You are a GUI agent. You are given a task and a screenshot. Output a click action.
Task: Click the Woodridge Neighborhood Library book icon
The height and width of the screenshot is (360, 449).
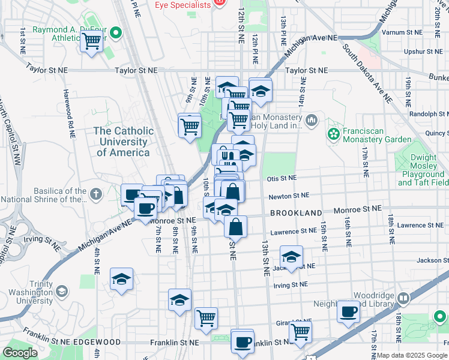[x=404, y=298]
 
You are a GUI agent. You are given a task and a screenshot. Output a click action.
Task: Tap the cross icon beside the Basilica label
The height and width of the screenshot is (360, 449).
[x=96, y=194]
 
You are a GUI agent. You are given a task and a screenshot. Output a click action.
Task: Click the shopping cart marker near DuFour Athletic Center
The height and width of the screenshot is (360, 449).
[x=92, y=41]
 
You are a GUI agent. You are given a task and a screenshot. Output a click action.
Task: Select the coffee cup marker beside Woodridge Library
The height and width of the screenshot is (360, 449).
[x=348, y=311]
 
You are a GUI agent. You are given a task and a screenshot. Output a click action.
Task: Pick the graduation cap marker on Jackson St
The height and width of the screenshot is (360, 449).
[x=291, y=257]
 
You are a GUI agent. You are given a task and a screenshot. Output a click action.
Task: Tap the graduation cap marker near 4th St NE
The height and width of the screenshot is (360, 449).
[x=121, y=278]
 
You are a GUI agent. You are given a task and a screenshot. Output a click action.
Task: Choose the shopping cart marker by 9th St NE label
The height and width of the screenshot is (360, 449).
[x=190, y=125]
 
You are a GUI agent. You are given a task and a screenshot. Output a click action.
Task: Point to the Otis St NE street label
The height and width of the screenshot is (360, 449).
[x=282, y=178]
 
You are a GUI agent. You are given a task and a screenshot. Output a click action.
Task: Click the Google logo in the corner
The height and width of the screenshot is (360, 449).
[x=20, y=353]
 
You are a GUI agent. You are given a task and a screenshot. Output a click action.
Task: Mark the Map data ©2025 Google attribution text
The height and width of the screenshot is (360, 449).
[x=412, y=355]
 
